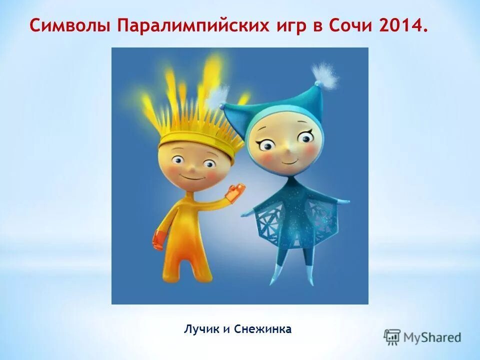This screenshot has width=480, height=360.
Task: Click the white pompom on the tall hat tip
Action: pos(324,75)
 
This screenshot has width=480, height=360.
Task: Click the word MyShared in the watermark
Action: pos(433,337)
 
